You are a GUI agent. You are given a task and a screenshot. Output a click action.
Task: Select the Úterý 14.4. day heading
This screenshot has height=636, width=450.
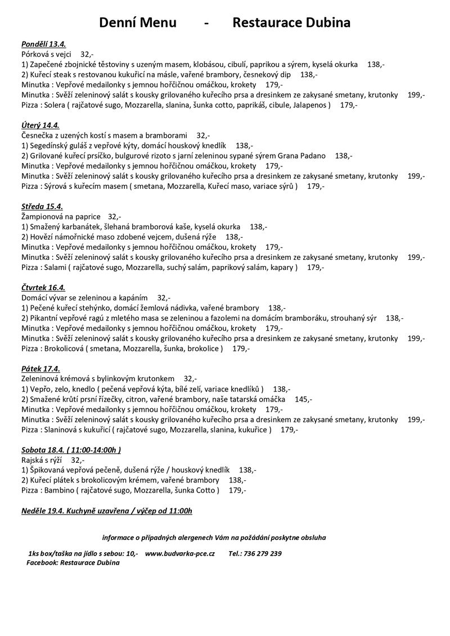click(40, 125)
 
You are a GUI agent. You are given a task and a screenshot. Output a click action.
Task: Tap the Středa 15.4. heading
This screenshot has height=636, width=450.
click(43, 206)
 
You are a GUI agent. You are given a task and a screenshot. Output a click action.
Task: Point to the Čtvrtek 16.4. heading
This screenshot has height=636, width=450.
click(44, 287)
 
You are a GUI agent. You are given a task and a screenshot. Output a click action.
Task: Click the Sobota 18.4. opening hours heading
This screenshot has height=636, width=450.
click(71, 450)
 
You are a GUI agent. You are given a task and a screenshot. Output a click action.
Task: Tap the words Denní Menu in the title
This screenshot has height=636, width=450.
click(138, 22)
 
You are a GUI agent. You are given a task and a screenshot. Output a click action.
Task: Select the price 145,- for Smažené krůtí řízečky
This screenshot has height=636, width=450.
click(303, 399)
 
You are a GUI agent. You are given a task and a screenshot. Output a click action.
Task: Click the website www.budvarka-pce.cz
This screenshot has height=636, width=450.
click(180, 553)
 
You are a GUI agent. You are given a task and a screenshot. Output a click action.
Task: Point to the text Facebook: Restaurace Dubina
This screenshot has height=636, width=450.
click(73, 562)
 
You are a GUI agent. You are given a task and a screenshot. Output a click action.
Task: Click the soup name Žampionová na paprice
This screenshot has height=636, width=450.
click(61, 216)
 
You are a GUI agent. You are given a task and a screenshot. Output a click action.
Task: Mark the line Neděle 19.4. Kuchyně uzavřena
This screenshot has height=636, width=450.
click(107, 511)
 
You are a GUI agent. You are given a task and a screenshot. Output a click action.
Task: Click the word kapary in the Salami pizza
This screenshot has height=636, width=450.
click(281, 267)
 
